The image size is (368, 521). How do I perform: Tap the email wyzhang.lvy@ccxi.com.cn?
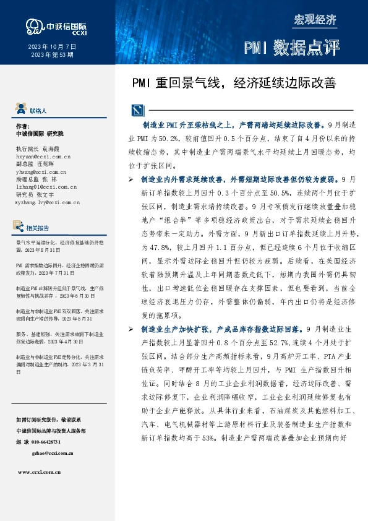pyautogui.click(x=46, y=202)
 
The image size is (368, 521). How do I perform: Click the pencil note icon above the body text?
pyautogui.click(x=138, y=111)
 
